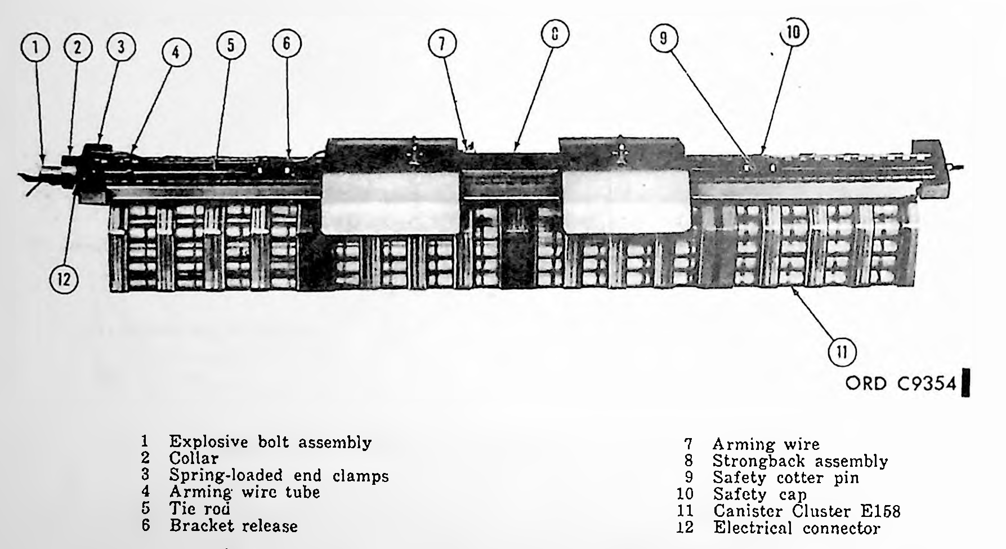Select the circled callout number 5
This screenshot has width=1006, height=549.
230,46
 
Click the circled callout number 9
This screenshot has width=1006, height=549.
664,38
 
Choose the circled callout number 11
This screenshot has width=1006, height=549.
842,352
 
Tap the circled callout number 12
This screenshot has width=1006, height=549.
64,278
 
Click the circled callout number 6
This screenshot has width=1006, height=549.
287,43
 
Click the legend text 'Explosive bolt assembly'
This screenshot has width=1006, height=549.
270,443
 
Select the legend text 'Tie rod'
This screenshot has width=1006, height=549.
200,509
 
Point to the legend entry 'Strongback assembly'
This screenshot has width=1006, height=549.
800,461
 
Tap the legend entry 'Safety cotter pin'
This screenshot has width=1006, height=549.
786,478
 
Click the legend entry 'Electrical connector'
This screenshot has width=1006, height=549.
797,528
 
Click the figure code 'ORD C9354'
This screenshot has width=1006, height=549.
901,383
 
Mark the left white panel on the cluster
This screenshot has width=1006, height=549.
390,203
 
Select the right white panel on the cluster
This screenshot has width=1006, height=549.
626,202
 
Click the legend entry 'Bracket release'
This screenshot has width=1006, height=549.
234,526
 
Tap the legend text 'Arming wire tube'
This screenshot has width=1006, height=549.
244,493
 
